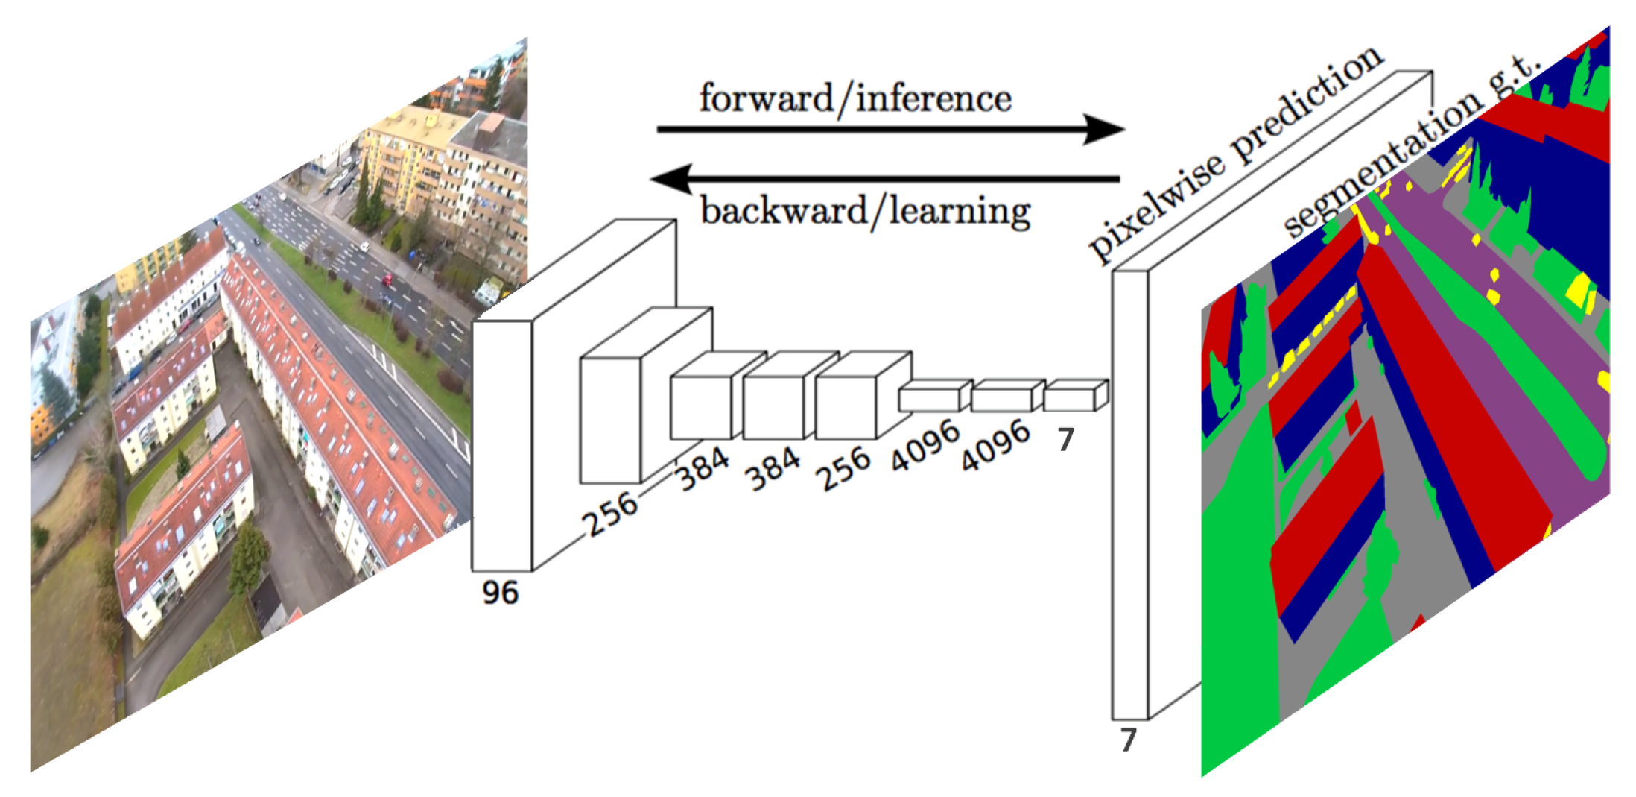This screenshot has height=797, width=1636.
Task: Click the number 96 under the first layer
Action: click(500, 593)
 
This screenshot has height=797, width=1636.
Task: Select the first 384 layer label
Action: click(703, 469)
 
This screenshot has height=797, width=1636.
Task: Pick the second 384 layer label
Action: click(774, 469)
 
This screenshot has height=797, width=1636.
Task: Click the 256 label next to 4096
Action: click(843, 468)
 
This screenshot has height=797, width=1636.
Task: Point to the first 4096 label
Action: click(925, 445)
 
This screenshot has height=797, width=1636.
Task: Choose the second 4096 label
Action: click(995, 445)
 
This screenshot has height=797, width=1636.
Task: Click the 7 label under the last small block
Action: click(1066, 440)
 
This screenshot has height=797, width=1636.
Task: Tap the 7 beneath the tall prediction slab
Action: click(1129, 740)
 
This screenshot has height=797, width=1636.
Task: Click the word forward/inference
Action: click(855, 98)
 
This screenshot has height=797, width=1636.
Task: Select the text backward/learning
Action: click(866, 212)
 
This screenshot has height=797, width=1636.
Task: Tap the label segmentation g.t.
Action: click(1408, 145)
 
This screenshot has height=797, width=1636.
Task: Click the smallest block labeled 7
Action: click(1069, 398)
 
